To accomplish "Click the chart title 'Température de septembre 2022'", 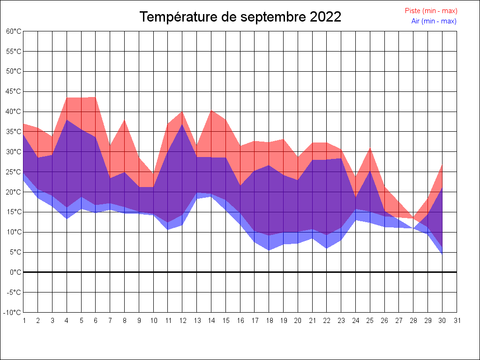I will (x=240, y=17).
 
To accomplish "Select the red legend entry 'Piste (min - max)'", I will (x=431, y=11).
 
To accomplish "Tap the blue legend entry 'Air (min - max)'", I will (x=434, y=21).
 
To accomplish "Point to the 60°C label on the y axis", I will (x=14, y=31).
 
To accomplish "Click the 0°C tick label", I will (x=15, y=272).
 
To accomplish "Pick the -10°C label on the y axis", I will (x=13, y=313).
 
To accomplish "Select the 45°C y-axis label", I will (x=14, y=92).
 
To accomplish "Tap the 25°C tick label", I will (x=14, y=172).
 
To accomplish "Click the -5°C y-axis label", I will (x=14, y=292).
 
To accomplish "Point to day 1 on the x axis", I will (x=23, y=321).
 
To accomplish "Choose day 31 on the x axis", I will (x=457, y=321).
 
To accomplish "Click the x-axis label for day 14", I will (x=211, y=321).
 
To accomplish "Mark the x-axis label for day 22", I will (x=327, y=321).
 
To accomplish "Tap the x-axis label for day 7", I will (x=110, y=321).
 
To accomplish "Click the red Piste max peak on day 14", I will (x=211, y=110).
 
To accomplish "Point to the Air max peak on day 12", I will (x=182, y=124).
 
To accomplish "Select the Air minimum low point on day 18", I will (x=269, y=250).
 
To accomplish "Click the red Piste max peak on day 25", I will (x=370, y=148).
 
